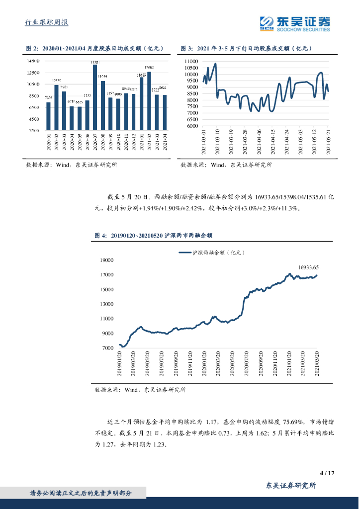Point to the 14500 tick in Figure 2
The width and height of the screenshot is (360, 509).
[x=33, y=61]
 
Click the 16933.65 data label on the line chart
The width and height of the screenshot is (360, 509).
[x=308, y=267]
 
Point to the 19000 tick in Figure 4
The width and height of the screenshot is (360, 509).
[x=107, y=260]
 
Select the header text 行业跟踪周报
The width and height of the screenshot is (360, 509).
[x=46, y=22]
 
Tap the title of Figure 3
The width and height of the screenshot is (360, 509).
[x=246, y=48]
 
